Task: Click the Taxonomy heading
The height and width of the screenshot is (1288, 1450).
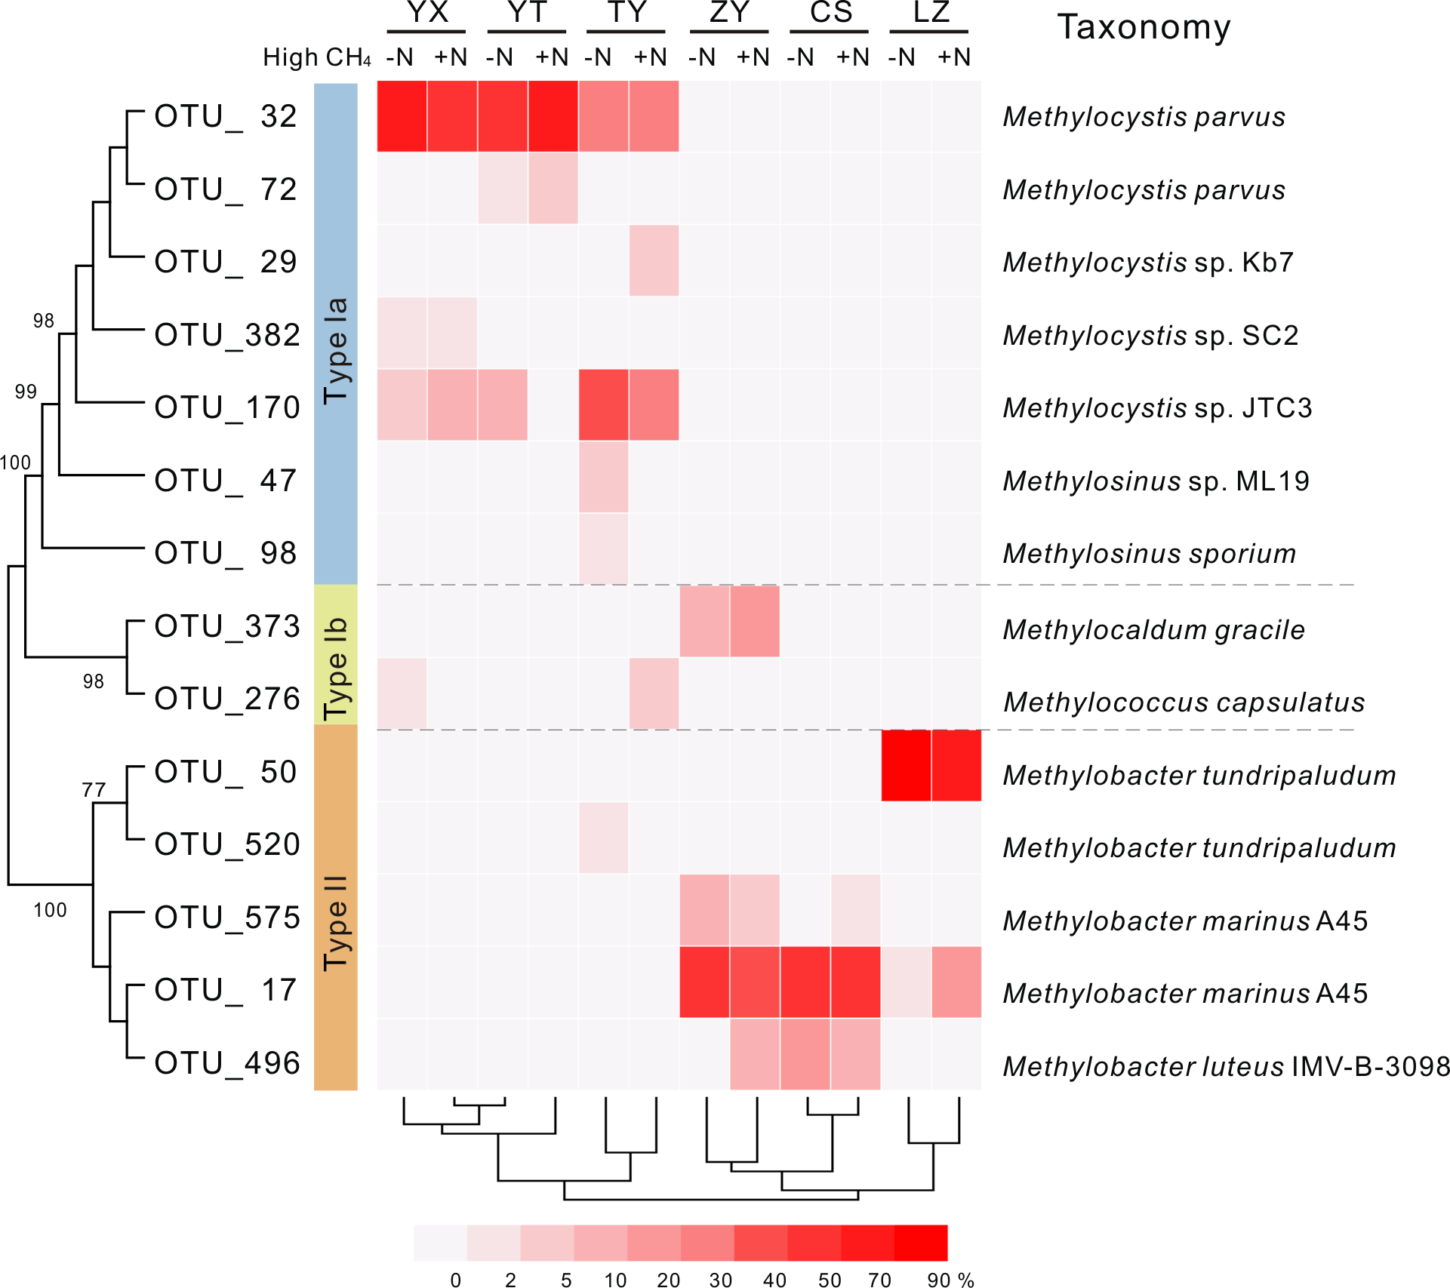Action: coord(1144,28)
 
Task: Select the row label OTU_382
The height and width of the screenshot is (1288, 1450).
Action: coord(226,335)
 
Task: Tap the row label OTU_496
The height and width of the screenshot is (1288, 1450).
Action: coord(226,1063)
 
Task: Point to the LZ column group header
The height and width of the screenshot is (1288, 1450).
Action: coord(930,14)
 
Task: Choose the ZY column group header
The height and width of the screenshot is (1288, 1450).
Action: coord(729,14)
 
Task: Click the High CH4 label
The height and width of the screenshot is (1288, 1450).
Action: coord(316,58)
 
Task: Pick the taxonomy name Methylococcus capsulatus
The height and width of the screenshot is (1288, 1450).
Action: coord(1184,702)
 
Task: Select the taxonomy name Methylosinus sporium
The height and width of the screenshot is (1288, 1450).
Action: coord(1149,554)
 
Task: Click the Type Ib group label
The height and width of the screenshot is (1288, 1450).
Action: coord(336,669)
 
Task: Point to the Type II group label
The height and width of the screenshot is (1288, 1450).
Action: coord(336,923)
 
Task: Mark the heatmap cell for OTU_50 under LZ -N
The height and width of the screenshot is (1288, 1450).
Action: coord(906,765)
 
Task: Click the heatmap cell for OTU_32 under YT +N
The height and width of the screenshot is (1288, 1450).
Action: coord(553,116)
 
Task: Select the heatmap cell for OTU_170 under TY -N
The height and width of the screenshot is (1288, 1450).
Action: coord(604,405)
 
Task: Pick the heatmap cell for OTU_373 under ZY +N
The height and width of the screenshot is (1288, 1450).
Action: coord(755,621)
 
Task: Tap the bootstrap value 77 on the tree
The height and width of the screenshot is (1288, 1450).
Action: coord(94,790)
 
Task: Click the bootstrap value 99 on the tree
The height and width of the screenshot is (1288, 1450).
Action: coord(26,392)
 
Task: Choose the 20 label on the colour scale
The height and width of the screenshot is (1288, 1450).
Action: coord(668,1280)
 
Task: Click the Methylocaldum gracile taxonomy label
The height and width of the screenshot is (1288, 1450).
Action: coord(1153,630)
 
